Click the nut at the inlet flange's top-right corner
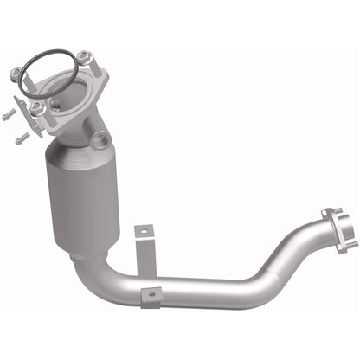tap(83, 58)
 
